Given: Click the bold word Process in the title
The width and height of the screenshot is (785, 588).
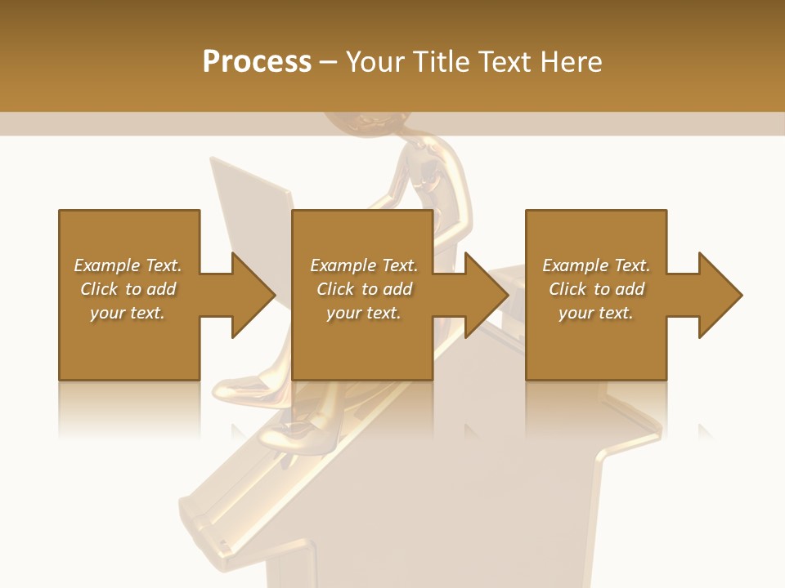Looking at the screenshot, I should click(x=257, y=61).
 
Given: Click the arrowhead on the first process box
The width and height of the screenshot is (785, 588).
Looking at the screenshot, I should click(x=253, y=295).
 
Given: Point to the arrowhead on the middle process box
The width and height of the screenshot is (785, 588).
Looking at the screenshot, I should click(x=486, y=295).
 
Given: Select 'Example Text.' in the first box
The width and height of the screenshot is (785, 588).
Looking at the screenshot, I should click(x=128, y=265).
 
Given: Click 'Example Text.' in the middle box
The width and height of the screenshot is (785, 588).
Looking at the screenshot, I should click(x=364, y=265).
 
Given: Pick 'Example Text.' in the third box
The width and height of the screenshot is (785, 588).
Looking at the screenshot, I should click(x=596, y=265).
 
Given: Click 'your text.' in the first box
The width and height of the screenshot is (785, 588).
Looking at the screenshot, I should click(x=128, y=313).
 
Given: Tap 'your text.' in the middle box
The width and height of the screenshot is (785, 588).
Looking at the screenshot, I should click(x=364, y=313).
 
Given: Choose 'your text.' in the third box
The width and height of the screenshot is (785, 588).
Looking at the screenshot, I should click(x=596, y=313).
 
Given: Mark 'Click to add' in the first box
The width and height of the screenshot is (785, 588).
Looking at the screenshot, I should click(x=128, y=289).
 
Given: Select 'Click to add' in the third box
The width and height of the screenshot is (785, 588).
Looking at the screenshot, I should click(x=596, y=289).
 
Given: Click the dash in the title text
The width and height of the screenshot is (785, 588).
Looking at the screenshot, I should click(x=329, y=62).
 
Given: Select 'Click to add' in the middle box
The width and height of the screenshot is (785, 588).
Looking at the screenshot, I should click(x=364, y=289).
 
